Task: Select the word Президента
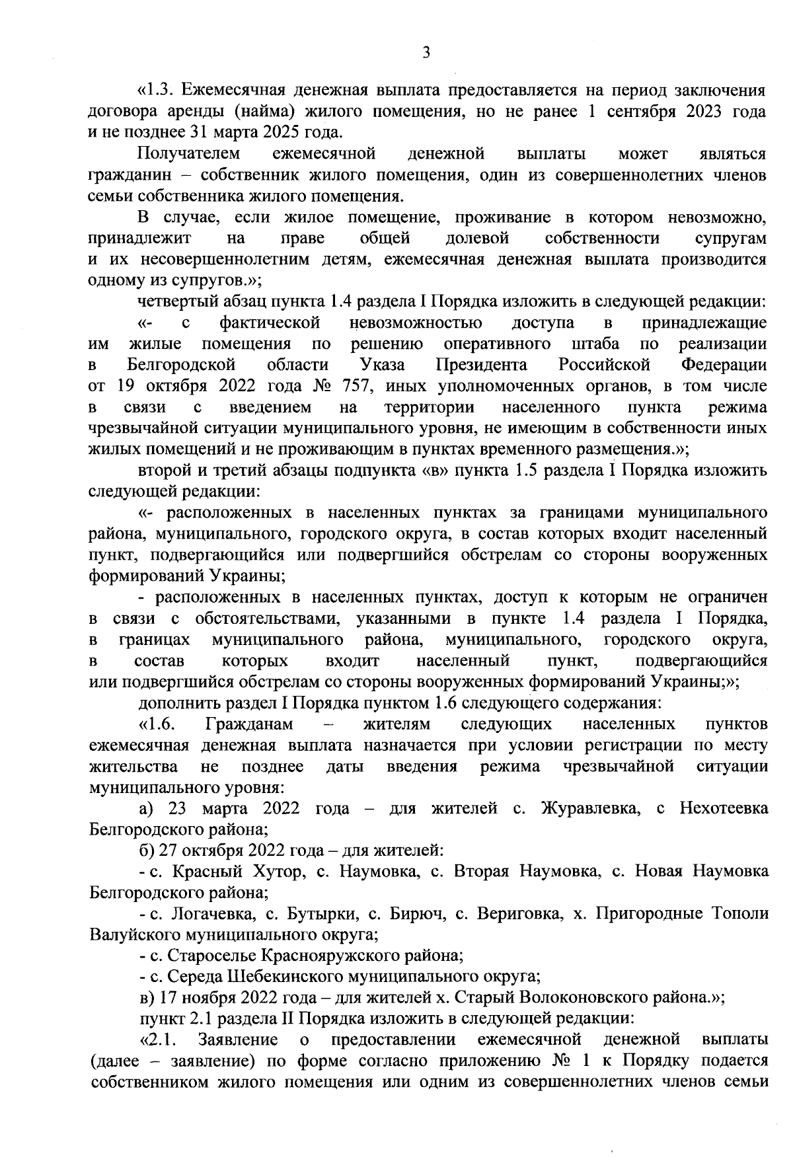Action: coord(481,365)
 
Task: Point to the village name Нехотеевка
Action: coord(724,808)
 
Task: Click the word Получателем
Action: coord(189,154)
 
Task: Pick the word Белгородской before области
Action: coord(181,365)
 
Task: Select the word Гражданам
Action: coord(248,724)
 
